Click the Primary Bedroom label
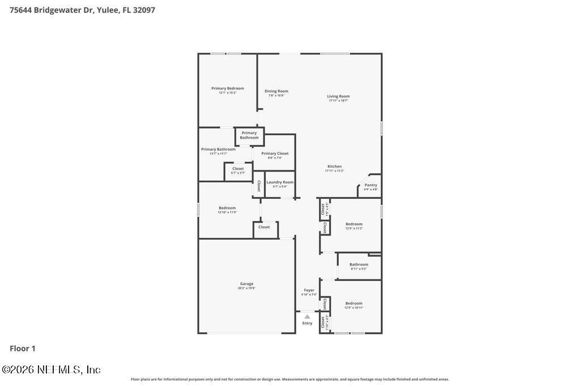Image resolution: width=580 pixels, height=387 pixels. [228, 88]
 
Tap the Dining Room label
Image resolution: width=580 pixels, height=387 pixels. [276, 91]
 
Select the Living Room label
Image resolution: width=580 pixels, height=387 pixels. [338, 96]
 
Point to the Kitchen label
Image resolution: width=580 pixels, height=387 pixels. [334, 167]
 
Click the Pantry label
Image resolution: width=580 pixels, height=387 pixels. [370, 185]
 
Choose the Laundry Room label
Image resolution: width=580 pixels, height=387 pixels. [280, 182]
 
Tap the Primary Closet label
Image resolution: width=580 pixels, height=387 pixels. [275, 154]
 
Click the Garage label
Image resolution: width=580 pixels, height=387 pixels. [246, 284]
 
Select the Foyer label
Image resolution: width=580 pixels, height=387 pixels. [309, 290]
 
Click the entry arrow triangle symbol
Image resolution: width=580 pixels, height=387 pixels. [307, 317]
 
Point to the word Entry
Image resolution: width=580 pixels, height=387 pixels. [307, 324]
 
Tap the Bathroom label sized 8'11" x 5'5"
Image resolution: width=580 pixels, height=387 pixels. [359, 265]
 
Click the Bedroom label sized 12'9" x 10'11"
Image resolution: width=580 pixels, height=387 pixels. [354, 303]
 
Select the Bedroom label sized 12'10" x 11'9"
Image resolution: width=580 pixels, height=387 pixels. [227, 208]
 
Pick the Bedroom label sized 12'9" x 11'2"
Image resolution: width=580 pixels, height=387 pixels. [354, 224]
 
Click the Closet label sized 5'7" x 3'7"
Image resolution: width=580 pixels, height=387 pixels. [238, 169]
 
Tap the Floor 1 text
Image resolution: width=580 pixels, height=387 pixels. [23, 348]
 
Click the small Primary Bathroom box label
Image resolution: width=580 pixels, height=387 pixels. [249, 135]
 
